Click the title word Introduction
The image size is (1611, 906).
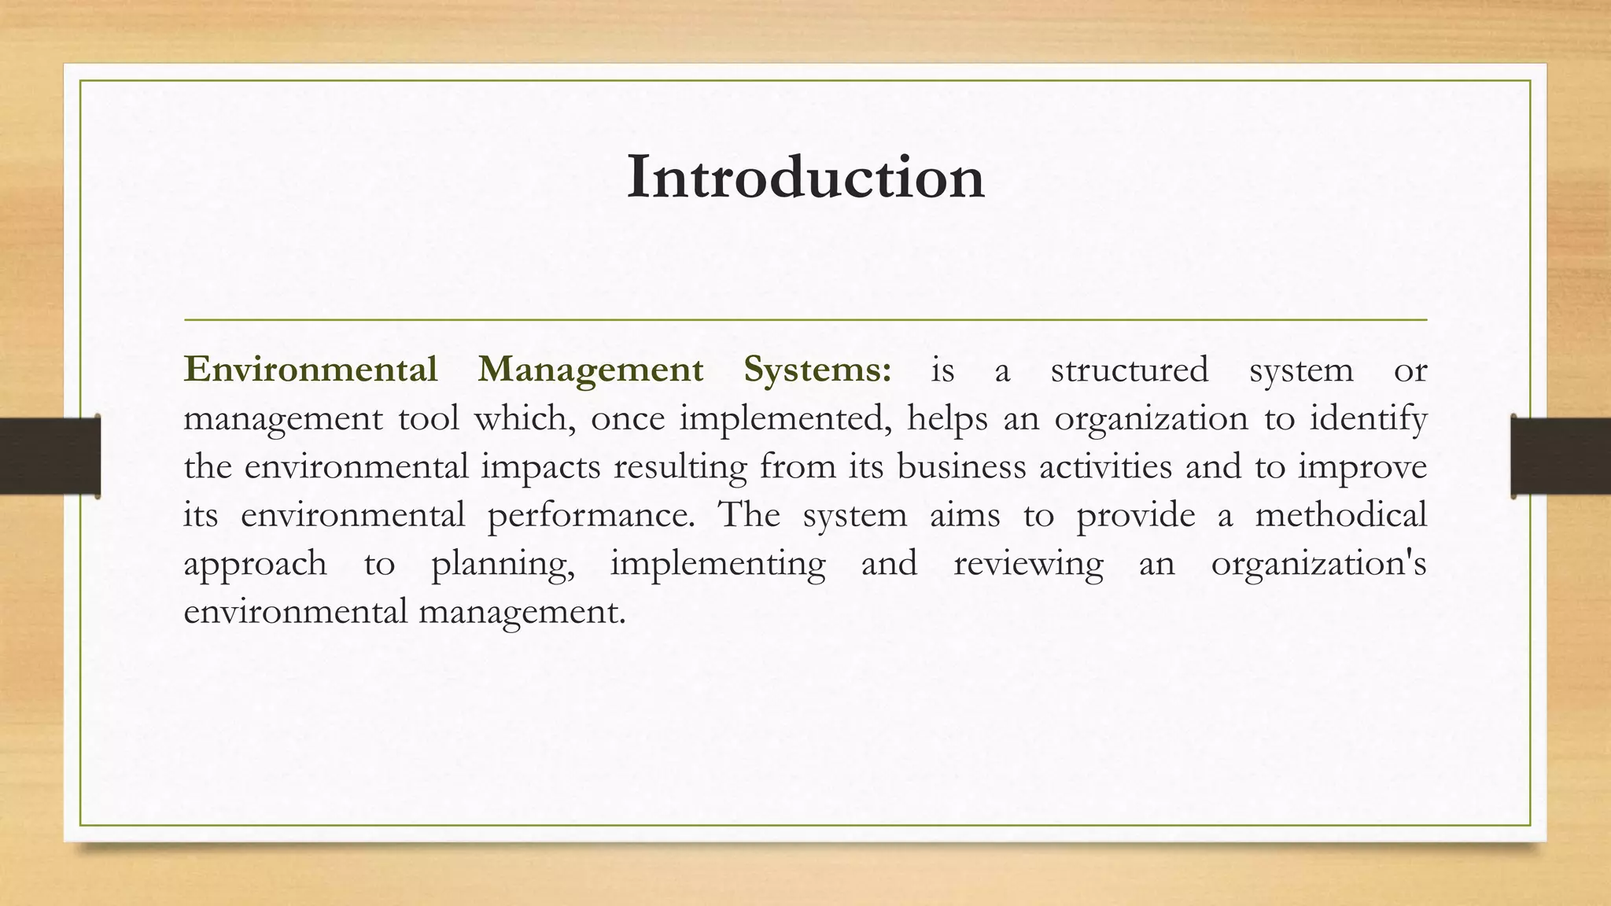tap(805, 178)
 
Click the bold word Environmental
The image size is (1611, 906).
tap(310, 370)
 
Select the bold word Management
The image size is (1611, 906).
tap(590, 370)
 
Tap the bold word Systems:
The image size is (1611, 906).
tap(817, 370)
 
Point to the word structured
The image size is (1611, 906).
tap(1129, 370)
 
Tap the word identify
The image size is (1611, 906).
tap(1367, 418)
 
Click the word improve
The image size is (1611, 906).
tap(1362, 467)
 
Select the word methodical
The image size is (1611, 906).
tap(1340, 516)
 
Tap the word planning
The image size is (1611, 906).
tap(503, 565)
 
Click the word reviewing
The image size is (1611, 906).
tap(1028, 565)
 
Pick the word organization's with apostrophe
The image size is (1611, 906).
tap(1318, 565)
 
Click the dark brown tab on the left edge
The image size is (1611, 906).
tap(50, 456)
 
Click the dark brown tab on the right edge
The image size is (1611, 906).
tap(1561, 456)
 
